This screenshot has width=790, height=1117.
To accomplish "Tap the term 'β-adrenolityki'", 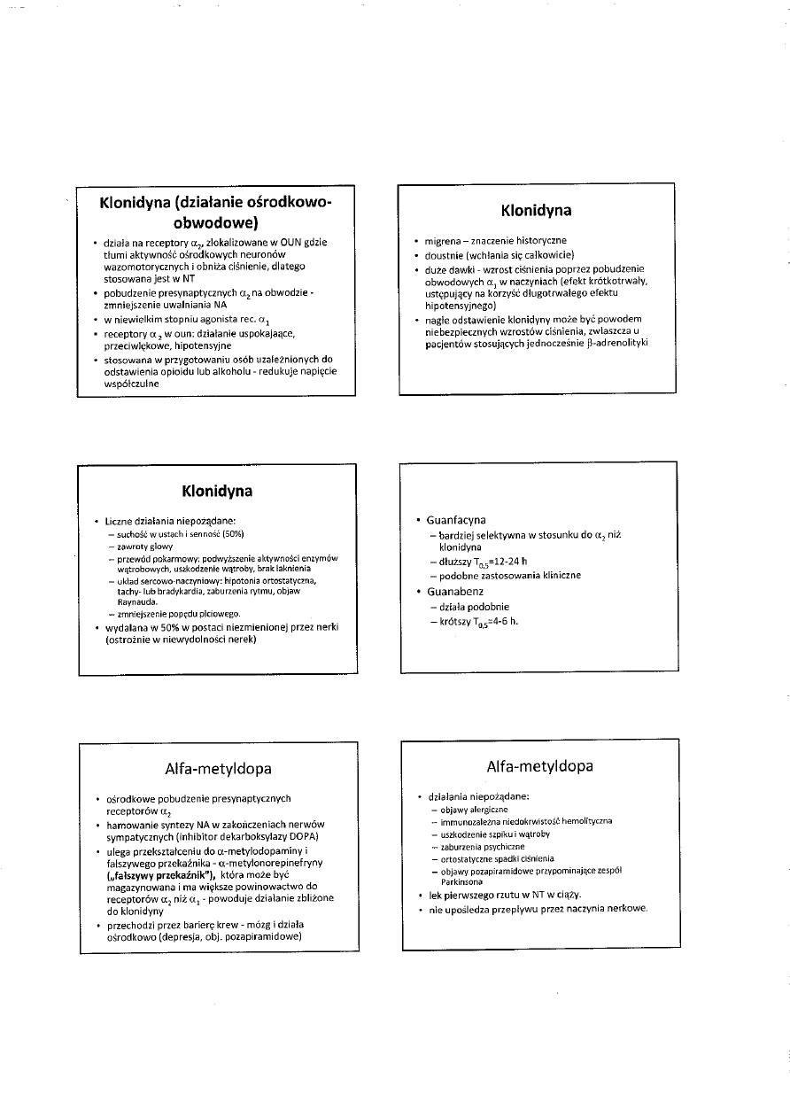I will click(x=615, y=343).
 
